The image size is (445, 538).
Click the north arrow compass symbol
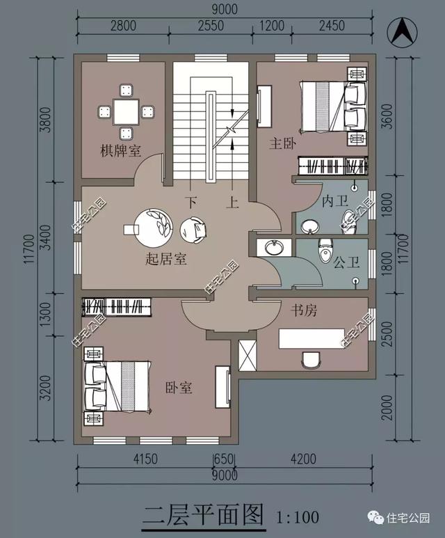coord(402,33)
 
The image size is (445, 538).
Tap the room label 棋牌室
coord(121,150)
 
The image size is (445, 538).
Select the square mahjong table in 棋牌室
coord(126,112)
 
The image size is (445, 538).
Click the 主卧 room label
coord(282,143)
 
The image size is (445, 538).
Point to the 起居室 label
coord(166,258)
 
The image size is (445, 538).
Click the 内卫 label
coord(334,201)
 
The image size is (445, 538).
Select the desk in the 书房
coord(311,338)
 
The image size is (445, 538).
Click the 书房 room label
coord(304,310)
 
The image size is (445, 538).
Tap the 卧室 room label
coord(179,388)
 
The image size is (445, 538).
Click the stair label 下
coord(191,203)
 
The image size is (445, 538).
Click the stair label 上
coord(232,203)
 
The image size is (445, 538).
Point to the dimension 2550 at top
coord(211,26)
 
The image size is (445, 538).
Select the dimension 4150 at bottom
coord(145,459)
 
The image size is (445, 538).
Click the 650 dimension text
coord(224,459)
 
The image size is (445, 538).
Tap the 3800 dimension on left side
coord(45,120)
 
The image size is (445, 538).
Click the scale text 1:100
coord(298,517)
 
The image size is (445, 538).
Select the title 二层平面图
coord(204,514)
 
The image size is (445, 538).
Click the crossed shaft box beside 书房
coord(248,356)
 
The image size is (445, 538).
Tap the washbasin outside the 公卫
coord(274,247)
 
